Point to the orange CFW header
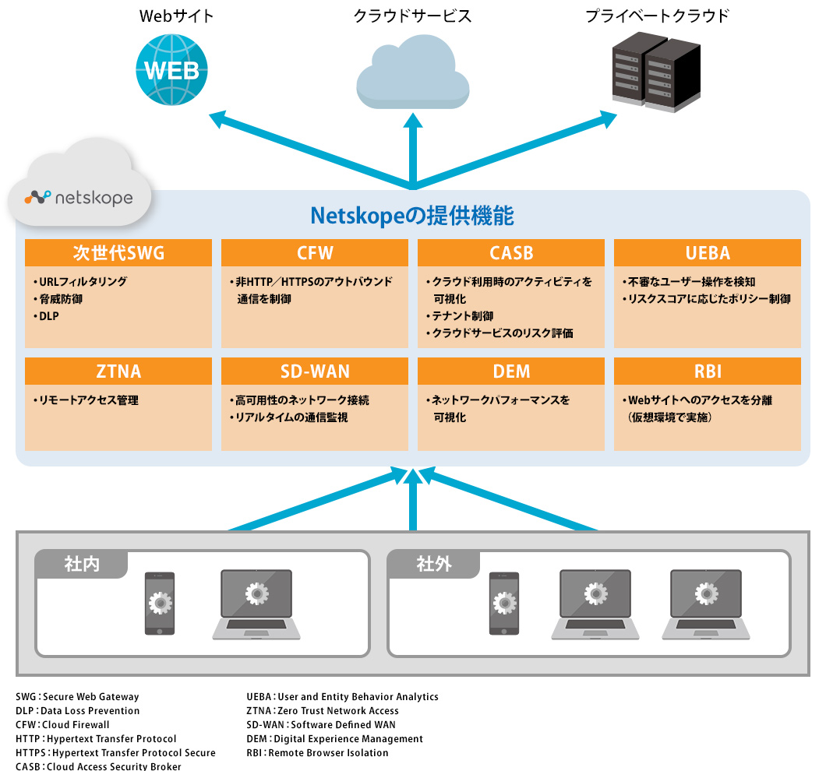click(x=315, y=253)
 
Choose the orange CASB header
click(x=511, y=253)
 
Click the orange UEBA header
click(x=708, y=253)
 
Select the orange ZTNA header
click(x=118, y=371)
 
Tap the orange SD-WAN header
click(x=315, y=371)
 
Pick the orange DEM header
click(x=511, y=371)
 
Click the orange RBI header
click(x=708, y=371)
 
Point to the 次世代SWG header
click(x=118, y=253)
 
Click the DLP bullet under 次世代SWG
click(x=48, y=316)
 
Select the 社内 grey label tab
click(x=82, y=564)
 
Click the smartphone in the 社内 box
click(x=160, y=604)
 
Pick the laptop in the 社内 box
click(x=256, y=604)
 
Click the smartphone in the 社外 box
click(x=504, y=604)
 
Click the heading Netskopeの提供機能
click(x=412, y=216)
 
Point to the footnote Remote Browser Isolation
click(x=327, y=753)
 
